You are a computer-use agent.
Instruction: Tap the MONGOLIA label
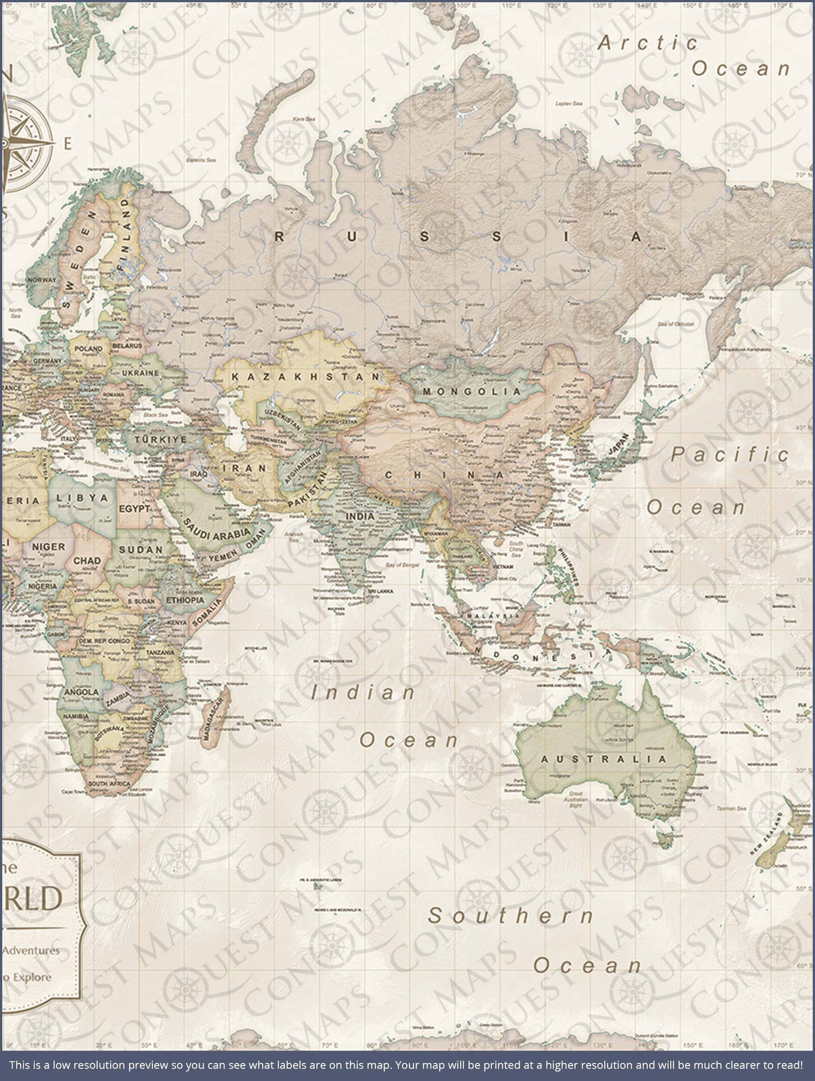473,391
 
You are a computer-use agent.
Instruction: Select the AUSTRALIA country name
604,759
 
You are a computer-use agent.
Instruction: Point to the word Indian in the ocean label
364,693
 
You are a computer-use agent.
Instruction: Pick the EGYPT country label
134,508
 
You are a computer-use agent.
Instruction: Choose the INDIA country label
360,516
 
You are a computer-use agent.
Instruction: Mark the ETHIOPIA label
185,600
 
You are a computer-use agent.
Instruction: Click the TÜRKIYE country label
160,439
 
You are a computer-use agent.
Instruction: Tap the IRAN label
244,468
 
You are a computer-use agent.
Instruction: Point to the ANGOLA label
82,692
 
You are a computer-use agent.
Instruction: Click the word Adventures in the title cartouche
31,950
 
